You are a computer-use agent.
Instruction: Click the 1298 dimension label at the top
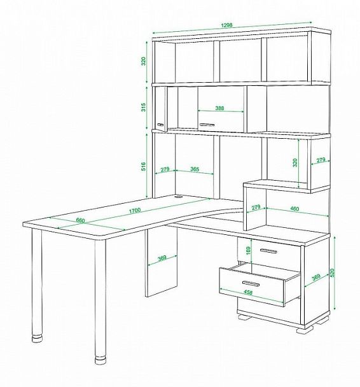pyautogui.click(x=226, y=25)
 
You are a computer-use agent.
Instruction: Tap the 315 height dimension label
pyautogui.click(x=144, y=107)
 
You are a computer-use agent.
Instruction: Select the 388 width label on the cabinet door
pyautogui.click(x=219, y=108)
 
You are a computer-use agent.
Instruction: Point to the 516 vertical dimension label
pyautogui.click(x=144, y=166)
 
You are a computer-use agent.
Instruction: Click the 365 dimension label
pyautogui.click(x=195, y=169)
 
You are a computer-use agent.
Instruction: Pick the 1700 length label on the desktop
pyautogui.click(x=135, y=210)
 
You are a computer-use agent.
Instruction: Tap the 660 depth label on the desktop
pyautogui.click(x=80, y=220)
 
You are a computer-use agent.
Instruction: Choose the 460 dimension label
pyautogui.click(x=294, y=209)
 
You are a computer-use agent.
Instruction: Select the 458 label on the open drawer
pyautogui.click(x=248, y=292)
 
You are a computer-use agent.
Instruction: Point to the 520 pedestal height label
pyautogui.click(x=332, y=272)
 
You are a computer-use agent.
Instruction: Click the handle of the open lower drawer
pyautogui.click(x=251, y=283)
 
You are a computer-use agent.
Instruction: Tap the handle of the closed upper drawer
pyautogui.click(x=268, y=251)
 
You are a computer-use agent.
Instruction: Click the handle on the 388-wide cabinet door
pyautogui.click(x=207, y=125)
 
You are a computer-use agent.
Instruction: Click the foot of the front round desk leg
pyautogui.click(x=100, y=360)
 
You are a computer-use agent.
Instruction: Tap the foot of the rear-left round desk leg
pyautogui.click(x=37, y=337)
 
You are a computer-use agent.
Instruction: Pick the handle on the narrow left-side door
pyautogui.click(x=161, y=125)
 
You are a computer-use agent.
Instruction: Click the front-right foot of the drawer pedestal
pyautogui.click(x=305, y=329)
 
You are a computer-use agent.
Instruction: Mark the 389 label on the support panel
pyautogui.click(x=162, y=258)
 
